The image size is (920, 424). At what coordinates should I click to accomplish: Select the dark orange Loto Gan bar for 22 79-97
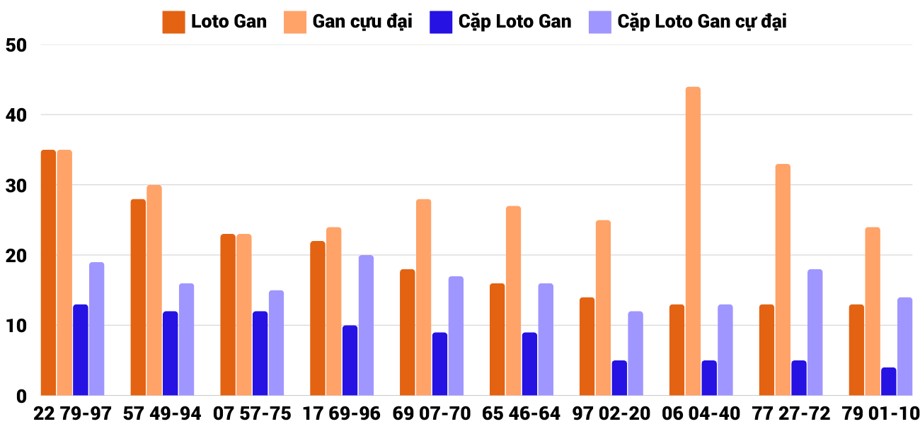pos(48,273)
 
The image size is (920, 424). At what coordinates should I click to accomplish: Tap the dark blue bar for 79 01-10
pos(889,382)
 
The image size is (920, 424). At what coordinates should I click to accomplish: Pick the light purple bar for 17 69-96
pos(366,325)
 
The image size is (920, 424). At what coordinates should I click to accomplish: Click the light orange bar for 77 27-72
pos(783,280)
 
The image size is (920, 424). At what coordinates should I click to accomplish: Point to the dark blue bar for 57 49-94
pos(170,353)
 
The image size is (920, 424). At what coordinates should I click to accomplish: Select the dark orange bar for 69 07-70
pos(407,332)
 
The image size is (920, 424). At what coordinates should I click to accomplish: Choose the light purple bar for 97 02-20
pos(636,353)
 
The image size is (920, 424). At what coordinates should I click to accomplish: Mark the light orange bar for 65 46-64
pos(513,301)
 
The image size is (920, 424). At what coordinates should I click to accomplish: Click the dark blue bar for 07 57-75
pos(260,353)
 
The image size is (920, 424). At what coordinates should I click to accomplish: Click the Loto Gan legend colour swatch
pos(173,22)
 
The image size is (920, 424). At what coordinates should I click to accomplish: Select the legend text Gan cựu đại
pos(362,22)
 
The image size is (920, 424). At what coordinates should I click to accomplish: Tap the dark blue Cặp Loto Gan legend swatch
pos(440,22)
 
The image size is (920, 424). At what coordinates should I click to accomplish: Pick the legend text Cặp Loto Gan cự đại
pos(702,22)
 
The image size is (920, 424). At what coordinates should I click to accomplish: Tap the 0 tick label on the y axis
pos(21,396)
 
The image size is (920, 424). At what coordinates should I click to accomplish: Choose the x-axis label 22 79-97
pos(73,413)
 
